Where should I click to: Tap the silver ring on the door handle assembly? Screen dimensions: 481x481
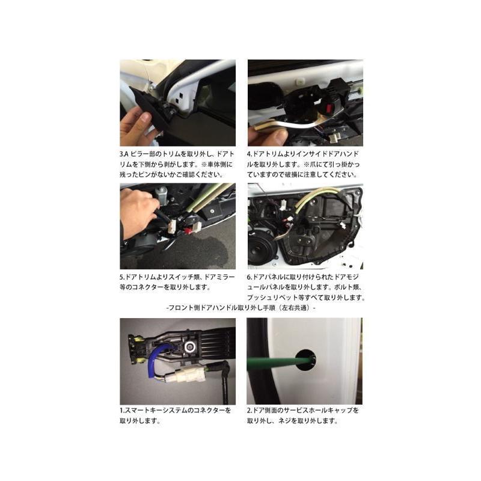pyautogui.click(x=191, y=347)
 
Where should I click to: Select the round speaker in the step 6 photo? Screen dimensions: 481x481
pyautogui.click(x=262, y=251)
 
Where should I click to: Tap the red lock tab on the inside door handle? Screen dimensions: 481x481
pyautogui.click(x=329, y=108)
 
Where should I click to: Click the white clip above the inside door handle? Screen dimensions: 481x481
pyautogui.click(x=299, y=81)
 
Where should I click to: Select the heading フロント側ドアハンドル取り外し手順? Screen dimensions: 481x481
pyautogui.click(x=222, y=308)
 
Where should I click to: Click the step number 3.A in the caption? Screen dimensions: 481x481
pyautogui.click(x=124, y=154)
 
